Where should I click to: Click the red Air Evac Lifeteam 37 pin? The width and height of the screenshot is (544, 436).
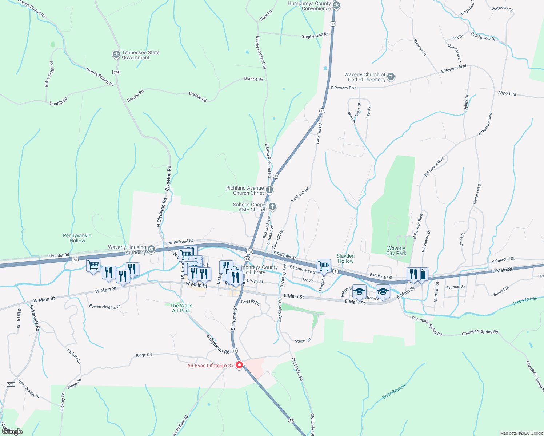(239, 365)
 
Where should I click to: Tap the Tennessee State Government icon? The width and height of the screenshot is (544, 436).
(116, 55)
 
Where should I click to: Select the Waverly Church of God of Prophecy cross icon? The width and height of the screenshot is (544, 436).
(391, 77)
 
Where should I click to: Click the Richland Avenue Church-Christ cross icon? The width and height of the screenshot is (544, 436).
(269, 190)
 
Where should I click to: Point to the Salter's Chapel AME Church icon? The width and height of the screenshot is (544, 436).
(272, 207)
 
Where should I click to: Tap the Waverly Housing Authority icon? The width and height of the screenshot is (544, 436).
(152, 249)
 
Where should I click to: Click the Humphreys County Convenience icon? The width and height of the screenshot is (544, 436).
(336, 5)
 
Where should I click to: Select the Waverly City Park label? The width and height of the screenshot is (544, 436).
(396, 251)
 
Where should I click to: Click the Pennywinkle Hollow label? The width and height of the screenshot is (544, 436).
(77, 238)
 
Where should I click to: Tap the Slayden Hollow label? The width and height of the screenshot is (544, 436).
(345, 258)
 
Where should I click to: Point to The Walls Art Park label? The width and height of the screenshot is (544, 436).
(181, 308)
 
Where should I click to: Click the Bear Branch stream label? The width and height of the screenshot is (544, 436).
(393, 392)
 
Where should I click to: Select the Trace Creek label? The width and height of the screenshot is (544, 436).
(524, 301)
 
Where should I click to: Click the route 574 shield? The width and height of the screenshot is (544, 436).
(116, 72)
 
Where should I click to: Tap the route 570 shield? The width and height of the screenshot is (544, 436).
(11, 384)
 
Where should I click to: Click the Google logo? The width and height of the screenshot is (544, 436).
(12, 432)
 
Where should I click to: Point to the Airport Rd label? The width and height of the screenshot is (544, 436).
(507, 93)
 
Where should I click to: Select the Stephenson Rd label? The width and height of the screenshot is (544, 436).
(315, 35)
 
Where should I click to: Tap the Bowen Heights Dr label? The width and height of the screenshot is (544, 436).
(105, 307)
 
